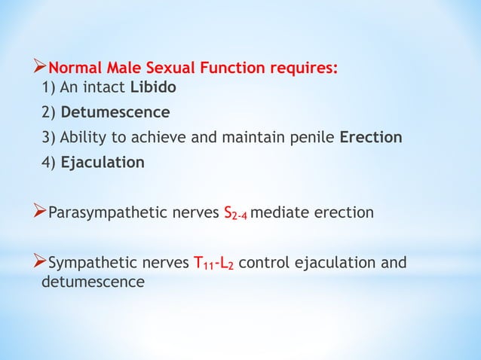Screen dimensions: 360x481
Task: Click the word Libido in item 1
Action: (154, 87)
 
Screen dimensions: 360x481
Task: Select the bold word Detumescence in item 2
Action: (115, 112)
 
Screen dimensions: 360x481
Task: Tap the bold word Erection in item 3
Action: (371, 137)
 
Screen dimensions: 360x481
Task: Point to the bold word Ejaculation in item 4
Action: (103, 162)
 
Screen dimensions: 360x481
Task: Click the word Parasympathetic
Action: (99, 213)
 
